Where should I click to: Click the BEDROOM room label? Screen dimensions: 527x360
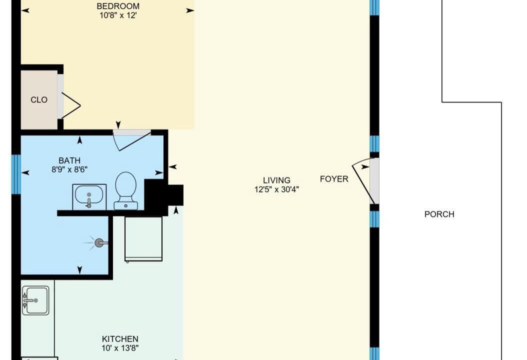[x=118, y=6]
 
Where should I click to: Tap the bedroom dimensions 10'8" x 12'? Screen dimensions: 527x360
[x=118, y=15]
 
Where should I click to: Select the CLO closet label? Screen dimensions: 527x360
[x=39, y=100]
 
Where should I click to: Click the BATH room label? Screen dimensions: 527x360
[x=69, y=160]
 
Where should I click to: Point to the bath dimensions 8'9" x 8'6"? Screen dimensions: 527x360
[x=69, y=169]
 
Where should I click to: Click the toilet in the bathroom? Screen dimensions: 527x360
[x=125, y=190]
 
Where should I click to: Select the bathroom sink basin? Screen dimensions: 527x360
[x=89, y=196]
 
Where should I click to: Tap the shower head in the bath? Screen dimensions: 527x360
[x=99, y=242]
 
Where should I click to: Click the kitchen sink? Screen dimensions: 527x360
[x=35, y=300]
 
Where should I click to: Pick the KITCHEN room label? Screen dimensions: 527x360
[x=120, y=339]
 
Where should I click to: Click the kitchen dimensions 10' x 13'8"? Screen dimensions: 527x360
[x=120, y=348]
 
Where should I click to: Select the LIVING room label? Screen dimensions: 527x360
[x=276, y=180]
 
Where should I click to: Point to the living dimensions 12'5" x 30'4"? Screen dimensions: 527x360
[x=276, y=189]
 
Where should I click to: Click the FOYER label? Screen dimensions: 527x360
[x=334, y=179]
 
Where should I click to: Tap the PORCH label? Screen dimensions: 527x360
[x=439, y=214]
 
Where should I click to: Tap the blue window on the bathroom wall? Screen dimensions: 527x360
[x=16, y=174]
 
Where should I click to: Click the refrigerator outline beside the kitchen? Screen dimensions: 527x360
[x=143, y=238]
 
